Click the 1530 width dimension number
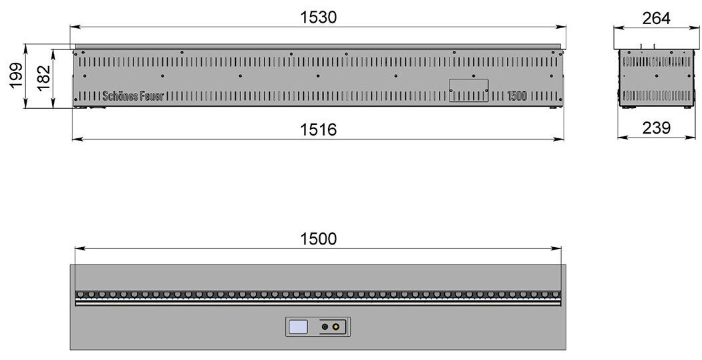click(x=318, y=17)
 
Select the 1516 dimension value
click(x=318, y=130)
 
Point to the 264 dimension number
click(x=657, y=18)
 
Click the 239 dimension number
click(x=657, y=128)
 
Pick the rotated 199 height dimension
click(x=16, y=76)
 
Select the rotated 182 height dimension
click(x=43, y=78)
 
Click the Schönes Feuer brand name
click(x=134, y=96)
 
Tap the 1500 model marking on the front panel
click(x=517, y=96)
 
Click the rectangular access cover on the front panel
click(x=469, y=90)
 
